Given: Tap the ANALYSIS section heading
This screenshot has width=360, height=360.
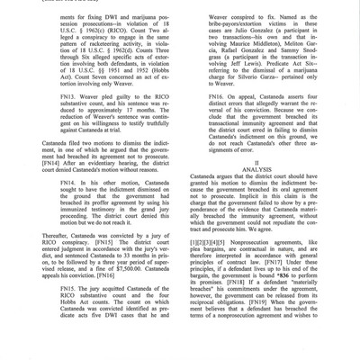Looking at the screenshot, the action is [262, 197].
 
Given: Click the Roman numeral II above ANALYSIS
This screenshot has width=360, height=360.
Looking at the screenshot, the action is [262, 188].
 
